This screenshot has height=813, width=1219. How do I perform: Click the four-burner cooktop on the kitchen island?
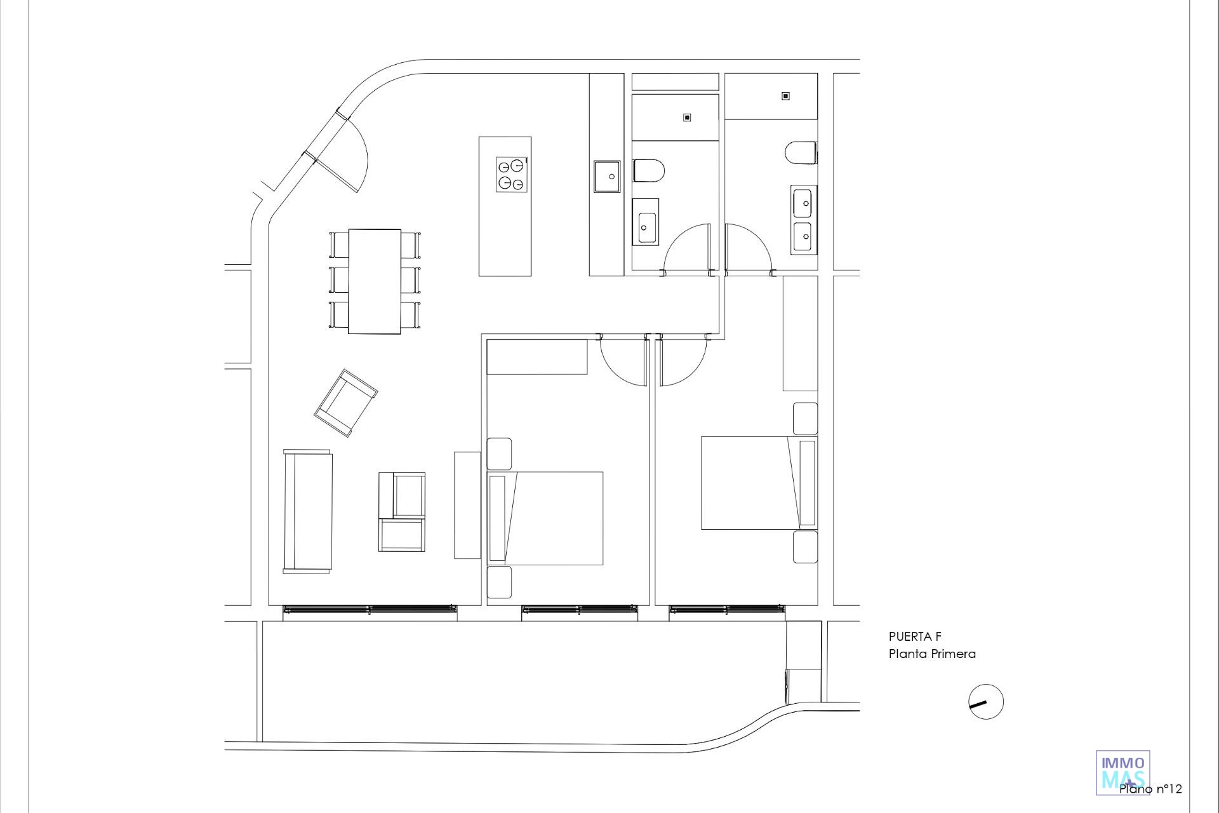pos(512,174)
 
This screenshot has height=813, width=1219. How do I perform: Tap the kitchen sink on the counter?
pos(607,176)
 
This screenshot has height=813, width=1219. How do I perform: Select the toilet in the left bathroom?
pos(649,171)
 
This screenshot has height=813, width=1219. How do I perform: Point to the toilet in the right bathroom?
pos(801,153)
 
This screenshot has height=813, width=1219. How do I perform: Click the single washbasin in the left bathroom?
pos(646,221)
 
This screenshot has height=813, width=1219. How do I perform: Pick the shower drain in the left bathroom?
pos(687,118)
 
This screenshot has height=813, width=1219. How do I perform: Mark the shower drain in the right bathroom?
pos(785,96)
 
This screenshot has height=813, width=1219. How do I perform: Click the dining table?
pos(375,281)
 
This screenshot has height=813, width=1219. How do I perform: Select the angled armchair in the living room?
pos(346,403)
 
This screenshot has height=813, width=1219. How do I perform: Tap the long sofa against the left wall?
pos(308,511)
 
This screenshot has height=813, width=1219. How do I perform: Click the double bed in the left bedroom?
pos(545,518)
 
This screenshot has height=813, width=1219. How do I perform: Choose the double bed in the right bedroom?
pos(759,483)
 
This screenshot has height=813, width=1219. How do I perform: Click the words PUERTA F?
pos(915,637)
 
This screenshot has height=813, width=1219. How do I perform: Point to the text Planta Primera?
pos(932,654)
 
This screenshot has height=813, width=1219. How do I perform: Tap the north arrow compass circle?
pos(986,702)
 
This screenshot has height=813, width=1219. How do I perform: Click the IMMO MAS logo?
pos(1123,772)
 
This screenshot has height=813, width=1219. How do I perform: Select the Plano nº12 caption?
pos(1150,789)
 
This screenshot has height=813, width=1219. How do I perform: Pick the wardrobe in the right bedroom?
pos(800,333)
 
